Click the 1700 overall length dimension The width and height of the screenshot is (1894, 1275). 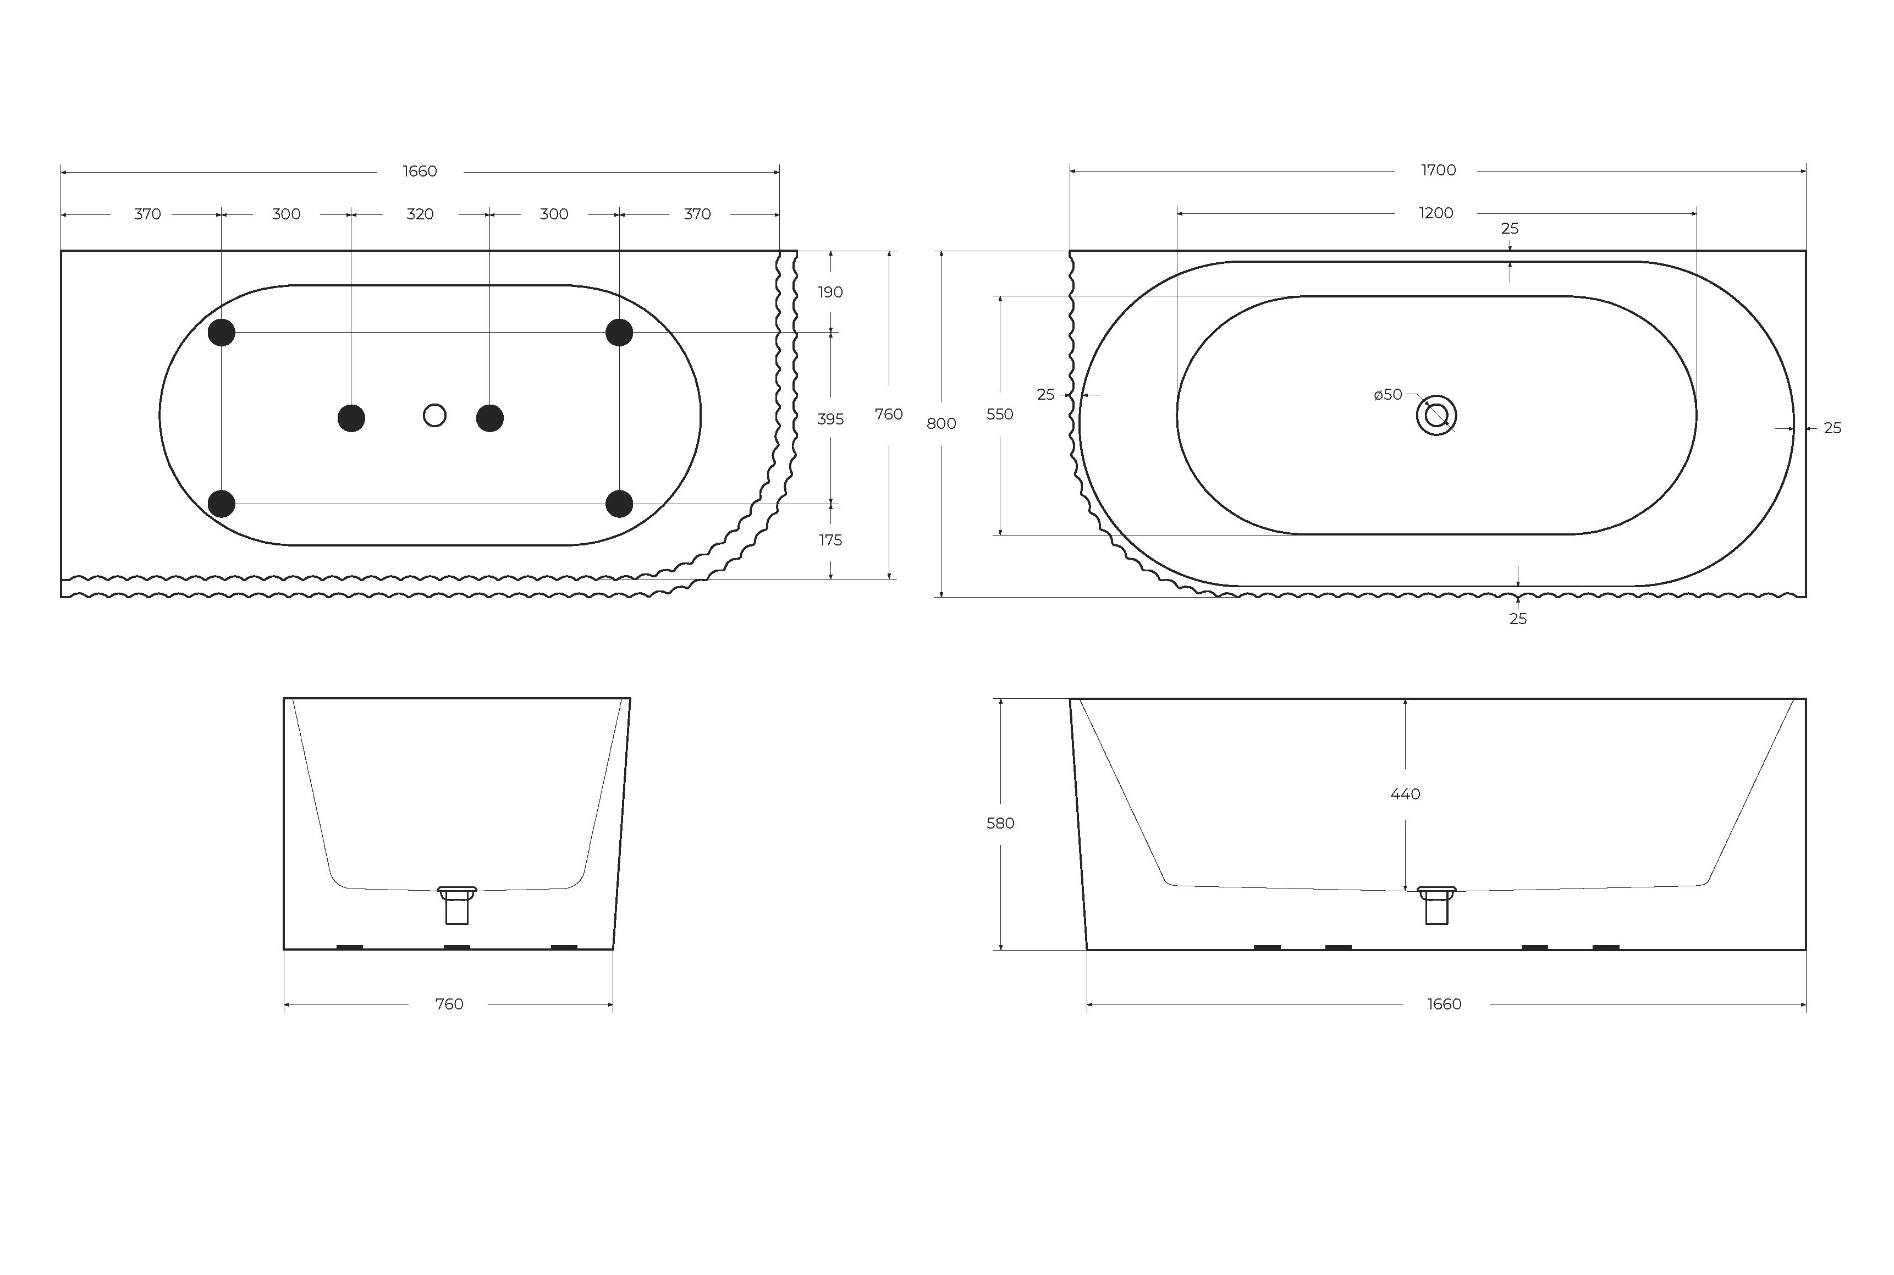[1438, 170]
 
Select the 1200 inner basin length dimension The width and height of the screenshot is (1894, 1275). [1435, 213]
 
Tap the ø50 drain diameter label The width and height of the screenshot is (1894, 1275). [1388, 394]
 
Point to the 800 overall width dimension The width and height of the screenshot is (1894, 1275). [941, 424]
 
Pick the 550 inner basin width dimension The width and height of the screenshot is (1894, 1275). [999, 414]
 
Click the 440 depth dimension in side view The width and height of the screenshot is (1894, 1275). [1405, 793]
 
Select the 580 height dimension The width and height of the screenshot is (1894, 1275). [1000, 823]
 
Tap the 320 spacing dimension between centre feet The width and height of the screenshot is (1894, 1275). [420, 214]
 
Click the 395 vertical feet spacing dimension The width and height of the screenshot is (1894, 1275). [830, 419]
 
